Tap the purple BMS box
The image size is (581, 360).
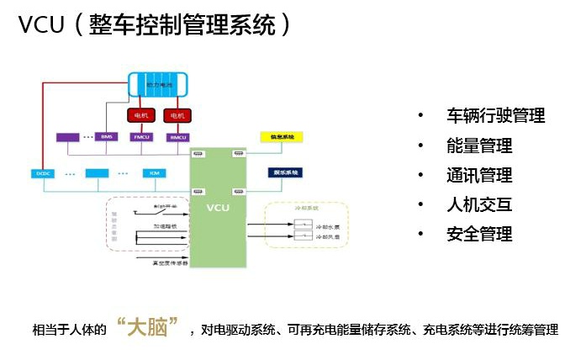107,136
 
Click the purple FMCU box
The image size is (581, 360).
141,136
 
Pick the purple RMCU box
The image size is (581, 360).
177,136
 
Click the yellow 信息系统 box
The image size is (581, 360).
281,136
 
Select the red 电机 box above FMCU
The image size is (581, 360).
141,114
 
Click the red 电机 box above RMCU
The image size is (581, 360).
177,114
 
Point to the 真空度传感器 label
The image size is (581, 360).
167,262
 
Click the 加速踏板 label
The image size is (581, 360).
165,226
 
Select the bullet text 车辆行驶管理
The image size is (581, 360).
496,116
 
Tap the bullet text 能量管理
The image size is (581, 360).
479,146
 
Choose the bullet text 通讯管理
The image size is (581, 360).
479,175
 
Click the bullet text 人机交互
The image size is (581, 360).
479,204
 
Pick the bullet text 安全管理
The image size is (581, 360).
479,234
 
